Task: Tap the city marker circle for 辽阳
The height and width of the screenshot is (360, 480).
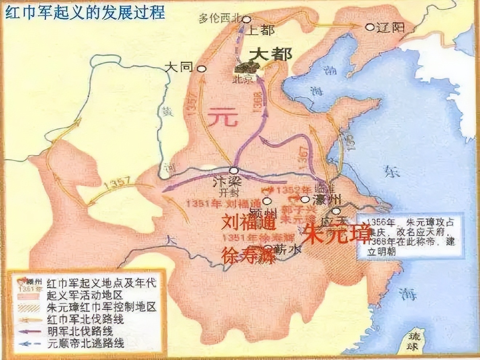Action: [370, 27]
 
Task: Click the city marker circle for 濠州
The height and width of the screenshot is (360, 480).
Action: [305, 199]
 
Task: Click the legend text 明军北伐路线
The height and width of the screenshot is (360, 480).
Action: [80, 331]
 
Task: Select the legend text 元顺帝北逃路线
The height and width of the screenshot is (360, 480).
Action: [85, 343]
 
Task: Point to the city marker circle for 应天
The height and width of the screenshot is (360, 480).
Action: [337, 211]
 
